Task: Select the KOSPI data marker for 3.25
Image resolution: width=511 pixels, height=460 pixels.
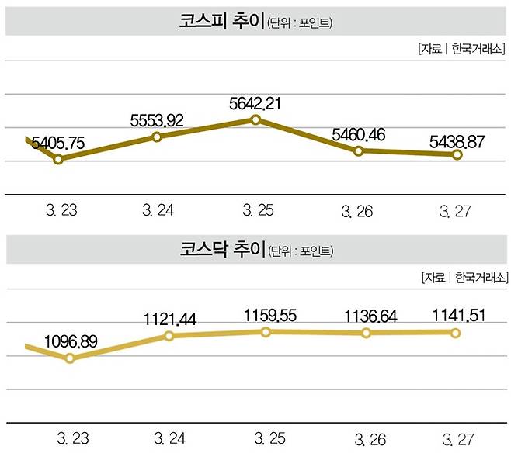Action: tap(255, 119)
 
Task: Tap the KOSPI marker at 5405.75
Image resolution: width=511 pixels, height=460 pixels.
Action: tap(58, 159)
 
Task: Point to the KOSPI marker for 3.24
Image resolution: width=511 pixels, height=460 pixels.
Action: tap(157, 137)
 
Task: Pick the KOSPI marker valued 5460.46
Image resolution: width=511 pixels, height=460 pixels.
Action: tap(359, 150)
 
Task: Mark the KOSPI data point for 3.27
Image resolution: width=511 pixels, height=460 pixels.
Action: tap(457, 154)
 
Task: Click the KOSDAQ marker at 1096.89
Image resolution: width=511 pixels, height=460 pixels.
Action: tap(70, 358)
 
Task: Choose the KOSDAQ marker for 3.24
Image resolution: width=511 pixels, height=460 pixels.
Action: tap(169, 336)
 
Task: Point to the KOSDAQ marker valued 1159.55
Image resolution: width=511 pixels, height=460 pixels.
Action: tap(266, 331)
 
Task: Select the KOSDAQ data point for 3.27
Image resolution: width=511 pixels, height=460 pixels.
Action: tap(456, 333)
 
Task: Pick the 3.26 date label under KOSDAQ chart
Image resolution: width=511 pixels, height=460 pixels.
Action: tap(373, 439)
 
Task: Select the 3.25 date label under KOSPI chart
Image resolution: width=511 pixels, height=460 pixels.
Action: tap(258, 210)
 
